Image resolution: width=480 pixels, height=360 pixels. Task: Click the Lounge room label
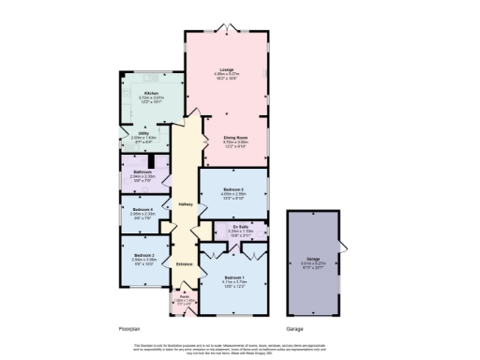click(x=226, y=70)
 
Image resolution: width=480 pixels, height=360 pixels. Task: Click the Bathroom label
click(x=142, y=172)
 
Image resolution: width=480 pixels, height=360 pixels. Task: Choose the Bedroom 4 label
click(x=142, y=209)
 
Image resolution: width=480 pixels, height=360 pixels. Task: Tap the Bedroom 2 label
click(x=234, y=190)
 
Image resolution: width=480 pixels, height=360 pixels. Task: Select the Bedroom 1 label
click(x=234, y=277)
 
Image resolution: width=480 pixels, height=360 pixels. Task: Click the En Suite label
click(x=237, y=226)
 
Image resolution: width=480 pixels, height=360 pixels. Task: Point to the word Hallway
click(x=185, y=205)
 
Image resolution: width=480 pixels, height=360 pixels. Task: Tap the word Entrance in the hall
click(x=185, y=263)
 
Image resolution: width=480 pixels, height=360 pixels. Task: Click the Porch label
click(x=184, y=298)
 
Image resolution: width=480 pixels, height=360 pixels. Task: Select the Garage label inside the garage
click(x=313, y=260)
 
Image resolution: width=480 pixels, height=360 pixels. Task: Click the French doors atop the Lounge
click(x=226, y=28)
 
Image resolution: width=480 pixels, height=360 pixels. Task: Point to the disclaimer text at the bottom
click(x=240, y=349)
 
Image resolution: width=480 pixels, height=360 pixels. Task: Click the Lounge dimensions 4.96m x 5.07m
click(x=226, y=76)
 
